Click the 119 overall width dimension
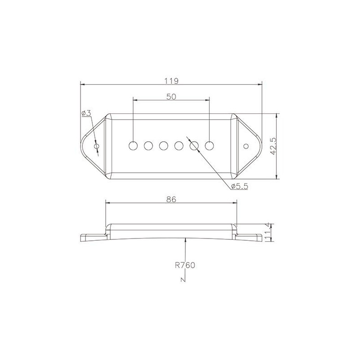point(171,81)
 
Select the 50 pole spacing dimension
point(171,96)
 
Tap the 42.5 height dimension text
point(272,146)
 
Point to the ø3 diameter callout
point(86,113)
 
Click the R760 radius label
point(185,265)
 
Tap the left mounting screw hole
point(96,146)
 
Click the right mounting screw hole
point(246,146)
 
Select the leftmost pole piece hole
point(133,146)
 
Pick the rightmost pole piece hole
point(210,146)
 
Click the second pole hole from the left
point(148,146)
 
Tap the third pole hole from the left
point(164,146)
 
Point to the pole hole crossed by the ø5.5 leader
point(194,146)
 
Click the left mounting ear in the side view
point(92,237)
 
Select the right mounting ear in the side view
point(250,237)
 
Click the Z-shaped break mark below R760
point(183,280)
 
